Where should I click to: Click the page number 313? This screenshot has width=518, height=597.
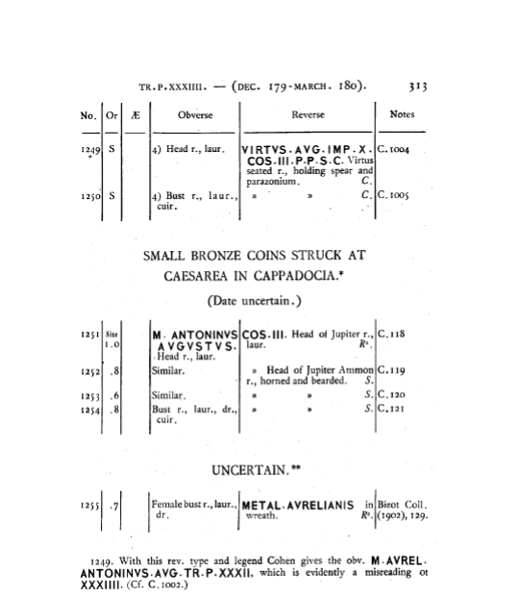tap(418, 87)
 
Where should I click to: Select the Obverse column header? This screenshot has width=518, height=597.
tap(195, 115)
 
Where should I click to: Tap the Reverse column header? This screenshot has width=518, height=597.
tap(308, 114)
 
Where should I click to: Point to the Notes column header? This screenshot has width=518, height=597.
tap(402, 114)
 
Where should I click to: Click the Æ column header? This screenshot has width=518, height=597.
tap(136, 115)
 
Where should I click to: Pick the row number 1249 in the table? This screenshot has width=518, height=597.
tap(90, 150)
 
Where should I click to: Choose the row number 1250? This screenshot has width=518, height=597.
tap(90, 196)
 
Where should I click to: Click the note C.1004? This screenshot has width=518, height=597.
tap(393, 150)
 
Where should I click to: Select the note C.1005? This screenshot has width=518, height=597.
tap(393, 195)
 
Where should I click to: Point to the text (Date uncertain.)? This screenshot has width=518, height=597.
tap(255, 301)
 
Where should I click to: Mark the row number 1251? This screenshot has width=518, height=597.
tap(90, 335)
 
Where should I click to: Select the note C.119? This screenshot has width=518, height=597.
tap(391, 370)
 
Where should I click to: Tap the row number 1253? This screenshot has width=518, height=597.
tap(90, 397)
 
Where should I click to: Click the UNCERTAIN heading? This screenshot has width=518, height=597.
tap(256, 471)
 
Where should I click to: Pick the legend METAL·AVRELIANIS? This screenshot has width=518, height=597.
tap(298, 506)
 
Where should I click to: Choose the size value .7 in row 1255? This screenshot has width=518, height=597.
tap(113, 507)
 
